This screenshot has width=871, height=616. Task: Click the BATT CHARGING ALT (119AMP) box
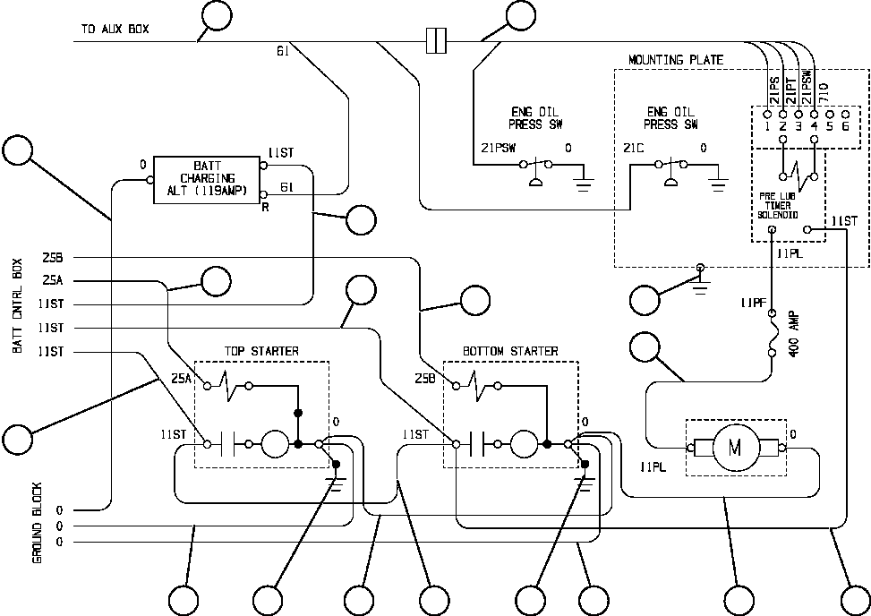pyautogui.click(x=206, y=179)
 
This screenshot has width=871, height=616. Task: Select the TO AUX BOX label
pyautogui.click(x=115, y=30)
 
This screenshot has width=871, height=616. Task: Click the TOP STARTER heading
pyautogui.click(x=261, y=352)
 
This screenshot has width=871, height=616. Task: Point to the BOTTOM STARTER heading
pyautogui.click(x=510, y=352)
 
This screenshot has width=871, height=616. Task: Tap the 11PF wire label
pyautogui.click(x=753, y=304)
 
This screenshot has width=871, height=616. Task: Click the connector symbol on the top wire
pyautogui.click(x=436, y=40)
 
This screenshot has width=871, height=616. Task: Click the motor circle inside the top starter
pyautogui.click(x=275, y=443)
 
